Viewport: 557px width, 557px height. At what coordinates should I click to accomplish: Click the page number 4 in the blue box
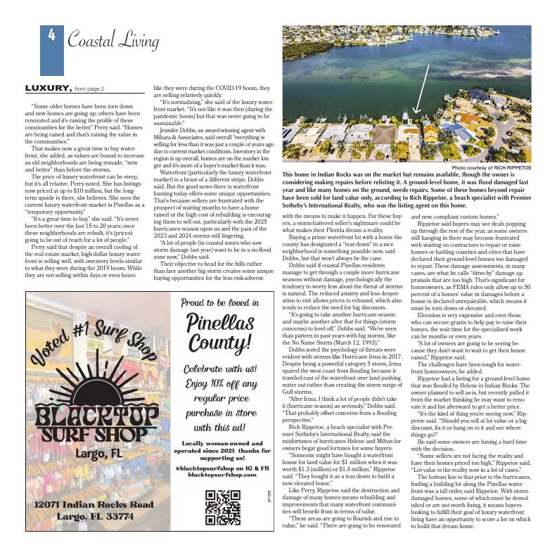pos(51,36)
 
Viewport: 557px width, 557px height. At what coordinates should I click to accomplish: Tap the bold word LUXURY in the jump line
pos(48,89)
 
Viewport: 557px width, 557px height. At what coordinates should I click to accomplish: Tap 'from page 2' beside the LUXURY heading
pos(89,89)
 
